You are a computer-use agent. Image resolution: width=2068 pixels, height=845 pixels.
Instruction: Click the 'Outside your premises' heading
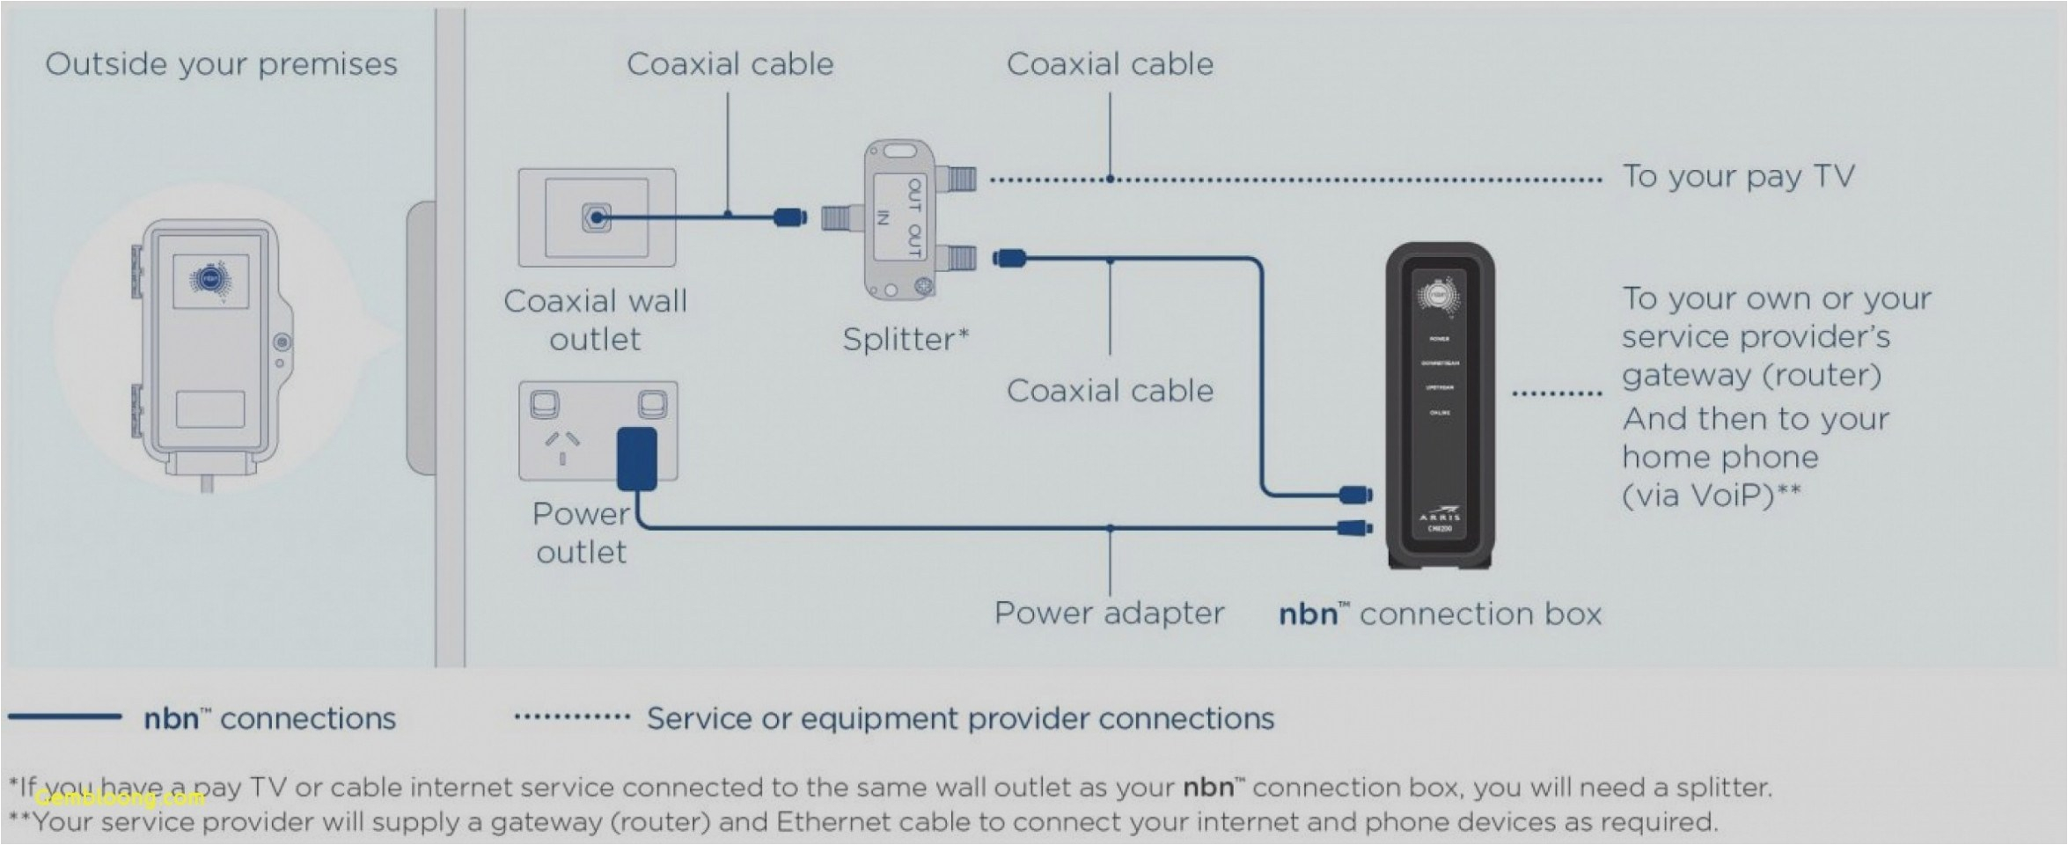tap(221, 64)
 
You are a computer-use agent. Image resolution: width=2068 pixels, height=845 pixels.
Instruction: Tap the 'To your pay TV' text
tap(1738, 177)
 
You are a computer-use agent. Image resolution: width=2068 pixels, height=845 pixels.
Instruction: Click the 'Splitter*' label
tap(905, 339)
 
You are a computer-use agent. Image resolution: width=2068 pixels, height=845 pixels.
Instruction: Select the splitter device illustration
tap(899, 218)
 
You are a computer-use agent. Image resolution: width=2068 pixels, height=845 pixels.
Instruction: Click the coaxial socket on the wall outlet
tap(596, 217)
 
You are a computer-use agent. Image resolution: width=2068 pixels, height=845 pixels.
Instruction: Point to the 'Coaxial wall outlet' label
tap(595, 320)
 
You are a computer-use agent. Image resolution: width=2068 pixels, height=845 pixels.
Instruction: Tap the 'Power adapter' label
tap(1109, 614)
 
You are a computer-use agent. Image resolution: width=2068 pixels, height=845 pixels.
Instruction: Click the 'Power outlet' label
tap(581, 533)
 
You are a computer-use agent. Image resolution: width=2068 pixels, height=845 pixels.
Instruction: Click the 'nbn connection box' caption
tap(1440, 614)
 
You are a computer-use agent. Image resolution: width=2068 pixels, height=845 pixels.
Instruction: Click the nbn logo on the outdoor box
tap(209, 281)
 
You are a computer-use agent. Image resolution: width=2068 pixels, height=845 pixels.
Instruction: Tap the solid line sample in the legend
tap(64, 717)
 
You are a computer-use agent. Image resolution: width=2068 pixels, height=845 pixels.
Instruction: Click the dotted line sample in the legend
tap(572, 717)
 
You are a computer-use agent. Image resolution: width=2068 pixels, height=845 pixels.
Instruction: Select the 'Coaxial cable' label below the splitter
tap(1109, 391)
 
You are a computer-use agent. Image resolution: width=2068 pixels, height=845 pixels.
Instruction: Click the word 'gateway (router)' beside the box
tap(1751, 376)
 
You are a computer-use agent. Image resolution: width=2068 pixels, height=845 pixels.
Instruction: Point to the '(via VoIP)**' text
tap(1711, 496)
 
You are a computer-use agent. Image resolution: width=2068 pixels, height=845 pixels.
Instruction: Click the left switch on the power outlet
tap(545, 405)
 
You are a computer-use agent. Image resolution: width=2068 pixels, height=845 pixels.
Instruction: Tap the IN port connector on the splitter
tap(842, 217)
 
